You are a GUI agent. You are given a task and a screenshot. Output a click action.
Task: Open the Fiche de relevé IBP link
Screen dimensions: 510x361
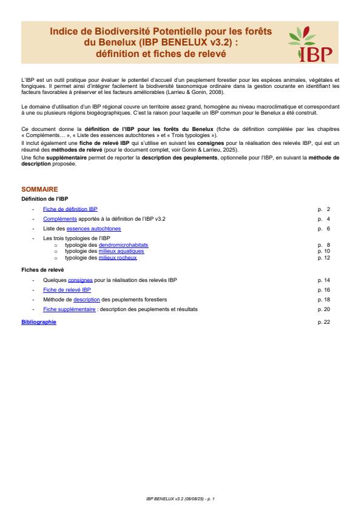click(x=67, y=290)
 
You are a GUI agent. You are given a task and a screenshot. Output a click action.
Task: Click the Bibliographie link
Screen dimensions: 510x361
click(x=38, y=322)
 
